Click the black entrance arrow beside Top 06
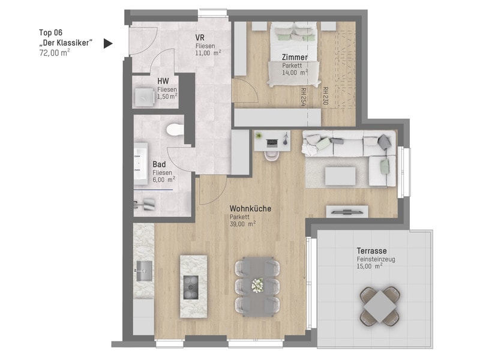point(107,43)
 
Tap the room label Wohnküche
point(250,208)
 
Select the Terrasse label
point(371,251)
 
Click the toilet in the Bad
point(175,130)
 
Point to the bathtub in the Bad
point(141,163)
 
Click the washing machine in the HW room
point(145,97)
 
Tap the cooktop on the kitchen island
point(191,287)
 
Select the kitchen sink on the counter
point(144,271)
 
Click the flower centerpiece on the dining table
point(257,286)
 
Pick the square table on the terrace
point(380,306)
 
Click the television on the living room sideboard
point(347,211)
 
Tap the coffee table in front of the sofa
point(340,176)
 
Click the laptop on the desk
point(272,142)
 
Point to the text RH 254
point(303,97)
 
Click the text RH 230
point(325,96)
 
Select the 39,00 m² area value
point(243,224)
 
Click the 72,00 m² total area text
point(55,53)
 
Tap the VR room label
point(200,38)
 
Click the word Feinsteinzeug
point(376,259)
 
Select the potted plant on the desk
point(259,135)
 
